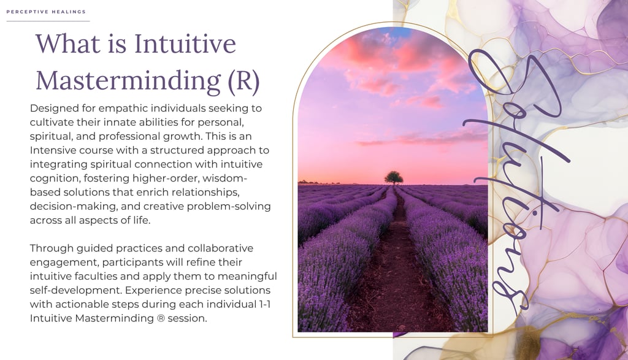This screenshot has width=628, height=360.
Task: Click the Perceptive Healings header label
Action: point(46,12)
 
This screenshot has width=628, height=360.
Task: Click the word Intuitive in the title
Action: point(185,44)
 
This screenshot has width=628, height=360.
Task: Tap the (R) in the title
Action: point(243,80)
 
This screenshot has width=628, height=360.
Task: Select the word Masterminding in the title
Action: point(128,80)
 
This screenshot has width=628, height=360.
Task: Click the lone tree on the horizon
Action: point(394,177)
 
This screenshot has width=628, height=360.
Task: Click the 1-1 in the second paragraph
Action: point(264,304)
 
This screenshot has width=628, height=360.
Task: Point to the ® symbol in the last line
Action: point(161,319)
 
